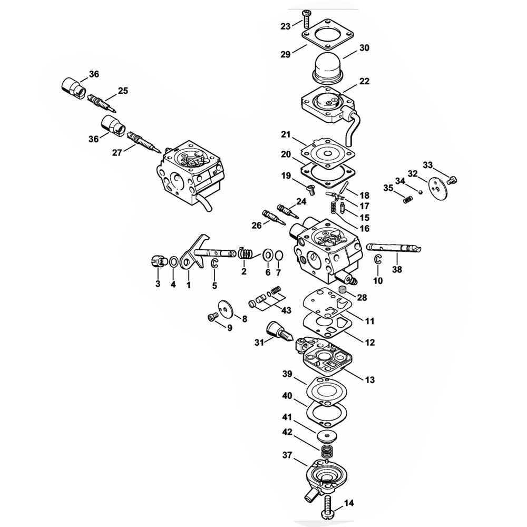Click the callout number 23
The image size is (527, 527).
pyautogui.click(x=285, y=26)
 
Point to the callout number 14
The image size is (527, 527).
pyautogui.click(x=349, y=503)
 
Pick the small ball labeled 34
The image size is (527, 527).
pyautogui.click(x=419, y=192)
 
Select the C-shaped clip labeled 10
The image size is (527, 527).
pyautogui.click(x=378, y=259)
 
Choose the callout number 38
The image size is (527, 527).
pyautogui.click(x=397, y=269)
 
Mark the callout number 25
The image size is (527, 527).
pyautogui.click(x=123, y=91)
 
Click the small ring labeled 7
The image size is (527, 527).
pyautogui.click(x=279, y=256)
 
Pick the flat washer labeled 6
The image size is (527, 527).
pyautogui.click(x=268, y=255)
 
